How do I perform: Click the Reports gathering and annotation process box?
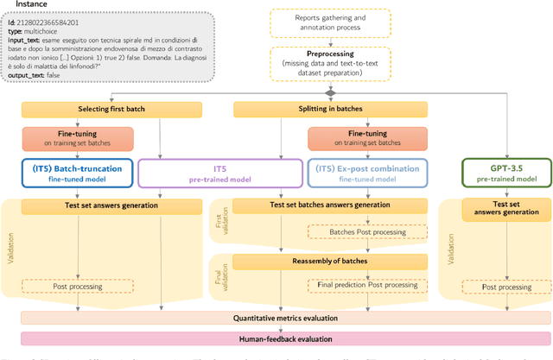[330, 22]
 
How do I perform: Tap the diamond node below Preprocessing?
[330, 92]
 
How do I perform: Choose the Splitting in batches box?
[286, 109]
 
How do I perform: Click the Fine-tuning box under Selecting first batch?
[78, 137]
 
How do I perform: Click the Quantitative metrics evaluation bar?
[286, 318]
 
